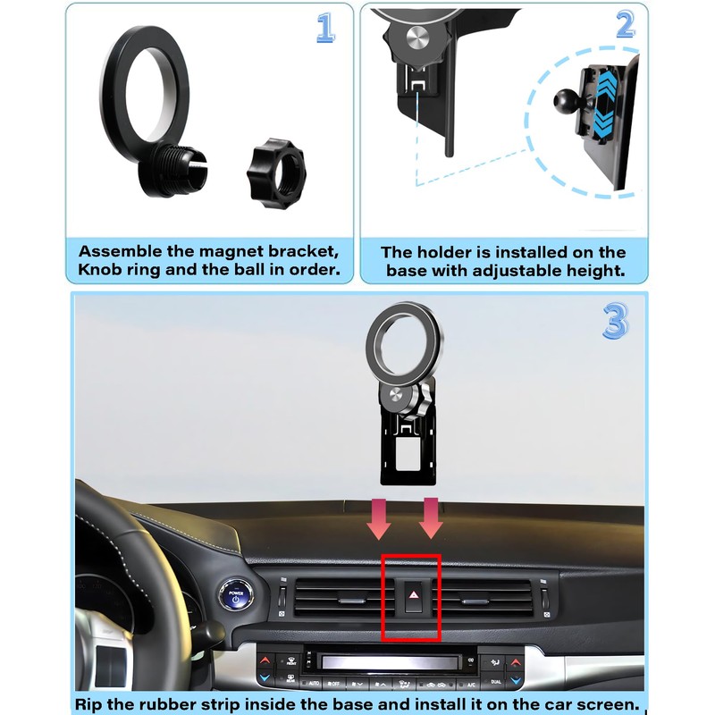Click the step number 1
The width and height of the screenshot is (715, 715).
tap(325, 28)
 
